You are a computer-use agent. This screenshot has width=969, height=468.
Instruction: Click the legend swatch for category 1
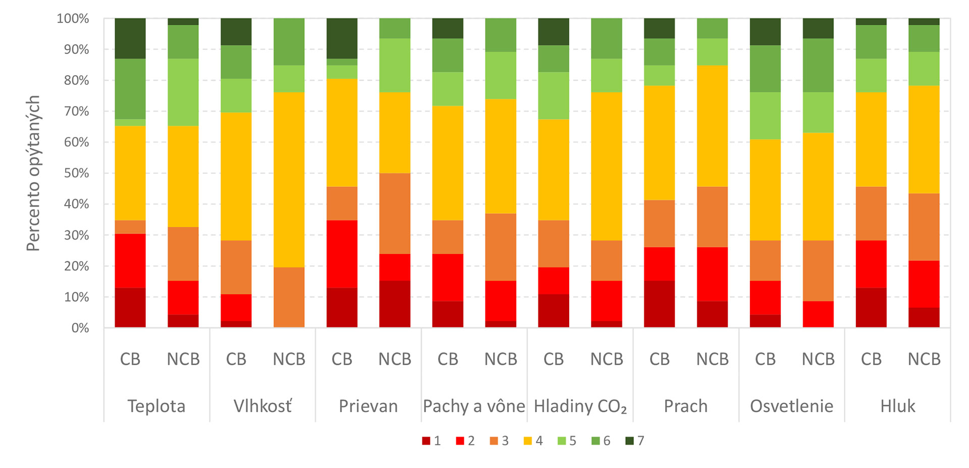click(426, 441)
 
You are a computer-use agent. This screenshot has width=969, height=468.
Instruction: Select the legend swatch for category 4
click(528, 441)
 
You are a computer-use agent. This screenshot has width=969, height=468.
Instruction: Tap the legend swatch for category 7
click(629, 441)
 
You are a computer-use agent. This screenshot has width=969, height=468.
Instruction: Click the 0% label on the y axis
click(80, 328)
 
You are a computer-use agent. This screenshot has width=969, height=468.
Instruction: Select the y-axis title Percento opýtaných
click(33, 173)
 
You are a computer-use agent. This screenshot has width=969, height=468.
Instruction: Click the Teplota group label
click(156, 406)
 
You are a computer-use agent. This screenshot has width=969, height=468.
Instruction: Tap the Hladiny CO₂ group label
click(580, 406)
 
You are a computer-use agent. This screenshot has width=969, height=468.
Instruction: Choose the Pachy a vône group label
click(474, 406)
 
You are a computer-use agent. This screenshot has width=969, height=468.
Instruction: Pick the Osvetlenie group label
click(791, 406)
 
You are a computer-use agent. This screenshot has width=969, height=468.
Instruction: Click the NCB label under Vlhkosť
click(289, 359)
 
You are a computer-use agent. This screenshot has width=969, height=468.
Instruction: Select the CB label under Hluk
click(871, 359)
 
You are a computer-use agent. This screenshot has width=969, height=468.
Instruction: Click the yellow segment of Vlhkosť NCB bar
click(289, 179)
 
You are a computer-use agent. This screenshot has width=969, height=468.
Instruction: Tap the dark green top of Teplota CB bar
click(130, 38)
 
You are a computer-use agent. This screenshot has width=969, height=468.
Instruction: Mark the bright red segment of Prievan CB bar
click(342, 254)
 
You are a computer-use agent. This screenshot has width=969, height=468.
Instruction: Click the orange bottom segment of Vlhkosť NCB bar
click(289, 297)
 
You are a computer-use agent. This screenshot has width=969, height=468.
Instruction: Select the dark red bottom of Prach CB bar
click(659, 304)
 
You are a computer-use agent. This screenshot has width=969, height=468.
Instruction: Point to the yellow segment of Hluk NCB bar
click(924, 139)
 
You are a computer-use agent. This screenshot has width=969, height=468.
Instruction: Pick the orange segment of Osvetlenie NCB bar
click(818, 270)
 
